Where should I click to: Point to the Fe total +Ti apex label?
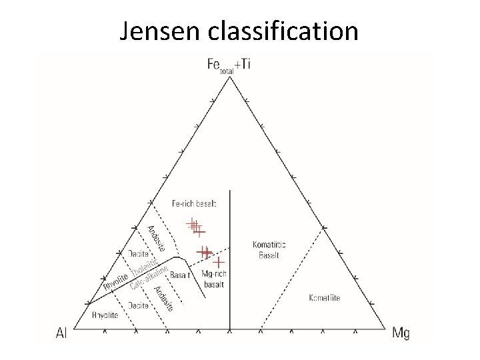(x=229, y=64)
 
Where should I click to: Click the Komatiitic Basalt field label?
(x=270, y=250)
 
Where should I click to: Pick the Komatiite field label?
(x=325, y=298)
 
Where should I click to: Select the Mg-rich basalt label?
(x=213, y=279)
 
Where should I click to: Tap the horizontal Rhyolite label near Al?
(x=105, y=315)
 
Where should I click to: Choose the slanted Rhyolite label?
(x=115, y=283)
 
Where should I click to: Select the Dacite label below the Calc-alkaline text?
(x=139, y=305)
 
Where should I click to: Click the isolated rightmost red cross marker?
(x=217, y=262)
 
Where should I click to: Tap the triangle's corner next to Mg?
(x=385, y=329)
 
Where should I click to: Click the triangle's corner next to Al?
(x=74, y=329)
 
